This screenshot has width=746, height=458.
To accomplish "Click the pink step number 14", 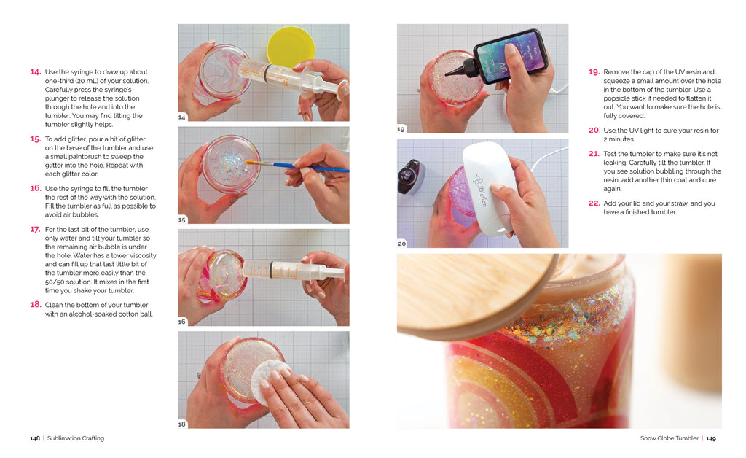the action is (x=36, y=72).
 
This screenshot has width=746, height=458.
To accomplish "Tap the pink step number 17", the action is (x=36, y=230).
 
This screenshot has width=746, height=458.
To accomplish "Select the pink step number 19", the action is (x=594, y=72).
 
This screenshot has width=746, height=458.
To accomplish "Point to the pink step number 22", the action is (x=594, y=203).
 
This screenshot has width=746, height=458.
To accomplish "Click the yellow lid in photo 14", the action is (x=291, y=47).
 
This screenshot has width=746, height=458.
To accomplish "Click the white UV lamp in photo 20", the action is (x=487, y=189).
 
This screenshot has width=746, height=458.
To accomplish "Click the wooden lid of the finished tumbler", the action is (x=476, y=295).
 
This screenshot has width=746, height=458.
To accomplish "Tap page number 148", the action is (x=35, y=438).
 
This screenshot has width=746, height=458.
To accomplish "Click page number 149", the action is (x=711, y=438).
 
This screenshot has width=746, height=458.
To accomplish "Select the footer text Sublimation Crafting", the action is (x=76, y=438).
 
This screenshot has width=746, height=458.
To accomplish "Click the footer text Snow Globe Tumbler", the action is (x=670, y=438).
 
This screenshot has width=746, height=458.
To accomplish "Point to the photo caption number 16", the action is (x=181, y=322).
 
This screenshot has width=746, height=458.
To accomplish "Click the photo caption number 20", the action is (x=402, y=244).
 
